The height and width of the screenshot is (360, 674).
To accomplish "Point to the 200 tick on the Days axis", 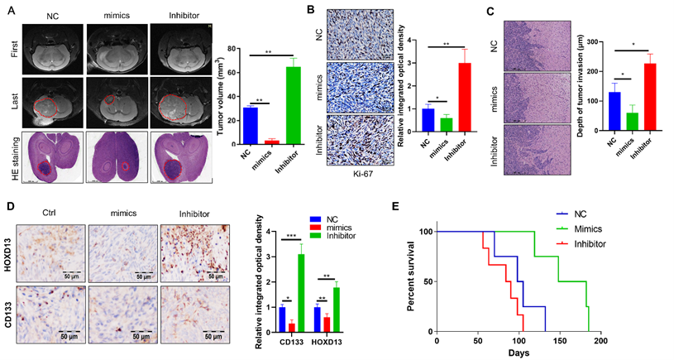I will point(600,340).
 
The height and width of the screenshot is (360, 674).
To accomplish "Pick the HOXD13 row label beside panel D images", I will point(10,248).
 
